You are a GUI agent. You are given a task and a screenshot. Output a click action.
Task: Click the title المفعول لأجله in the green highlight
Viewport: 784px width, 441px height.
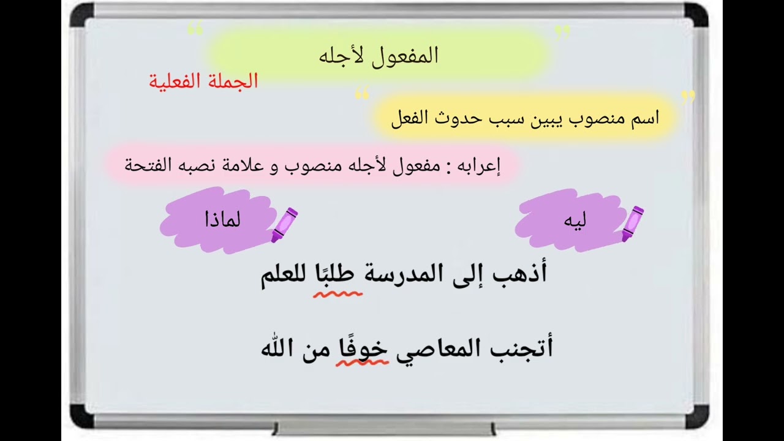point(379,56)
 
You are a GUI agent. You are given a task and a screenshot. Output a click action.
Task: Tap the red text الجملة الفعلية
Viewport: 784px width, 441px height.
point(203,81)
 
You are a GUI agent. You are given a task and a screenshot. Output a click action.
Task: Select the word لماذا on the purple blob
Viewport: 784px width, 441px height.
point(222,219)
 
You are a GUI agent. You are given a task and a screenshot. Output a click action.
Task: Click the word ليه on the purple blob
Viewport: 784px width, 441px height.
point(575,221)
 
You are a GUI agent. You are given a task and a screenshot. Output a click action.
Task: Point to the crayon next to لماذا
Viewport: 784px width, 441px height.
point(285,224)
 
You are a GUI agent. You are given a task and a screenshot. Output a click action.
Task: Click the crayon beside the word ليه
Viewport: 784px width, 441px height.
point(633,223)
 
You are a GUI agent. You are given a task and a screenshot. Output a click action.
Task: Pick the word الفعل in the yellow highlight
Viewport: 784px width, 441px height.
point(409,118)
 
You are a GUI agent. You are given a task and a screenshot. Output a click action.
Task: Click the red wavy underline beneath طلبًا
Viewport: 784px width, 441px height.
point(337,294)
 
